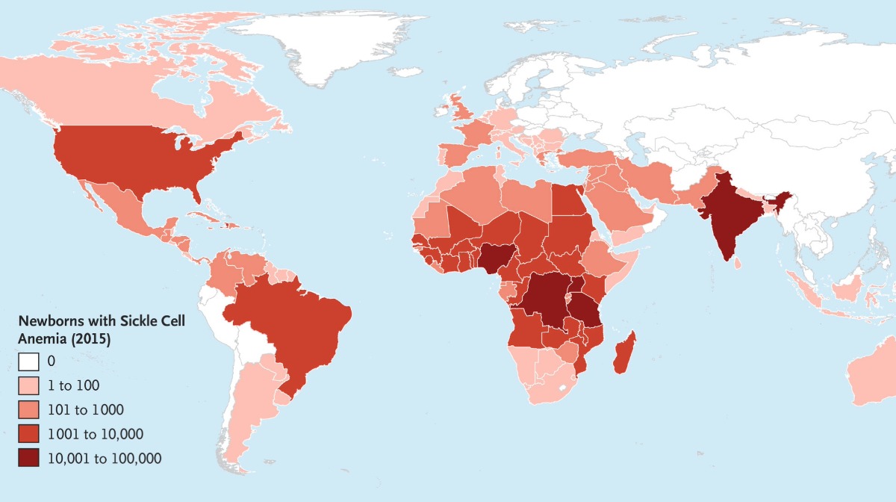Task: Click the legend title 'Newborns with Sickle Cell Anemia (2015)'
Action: click(x=101, y=329)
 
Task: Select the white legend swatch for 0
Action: click(x=29, y=362)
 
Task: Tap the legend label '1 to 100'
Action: click(x=73, y=385)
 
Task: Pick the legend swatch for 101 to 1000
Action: click(x=29, y=409)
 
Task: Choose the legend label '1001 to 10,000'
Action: click(x=95, y=433)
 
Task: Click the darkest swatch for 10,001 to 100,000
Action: click(x=29, y=458)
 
